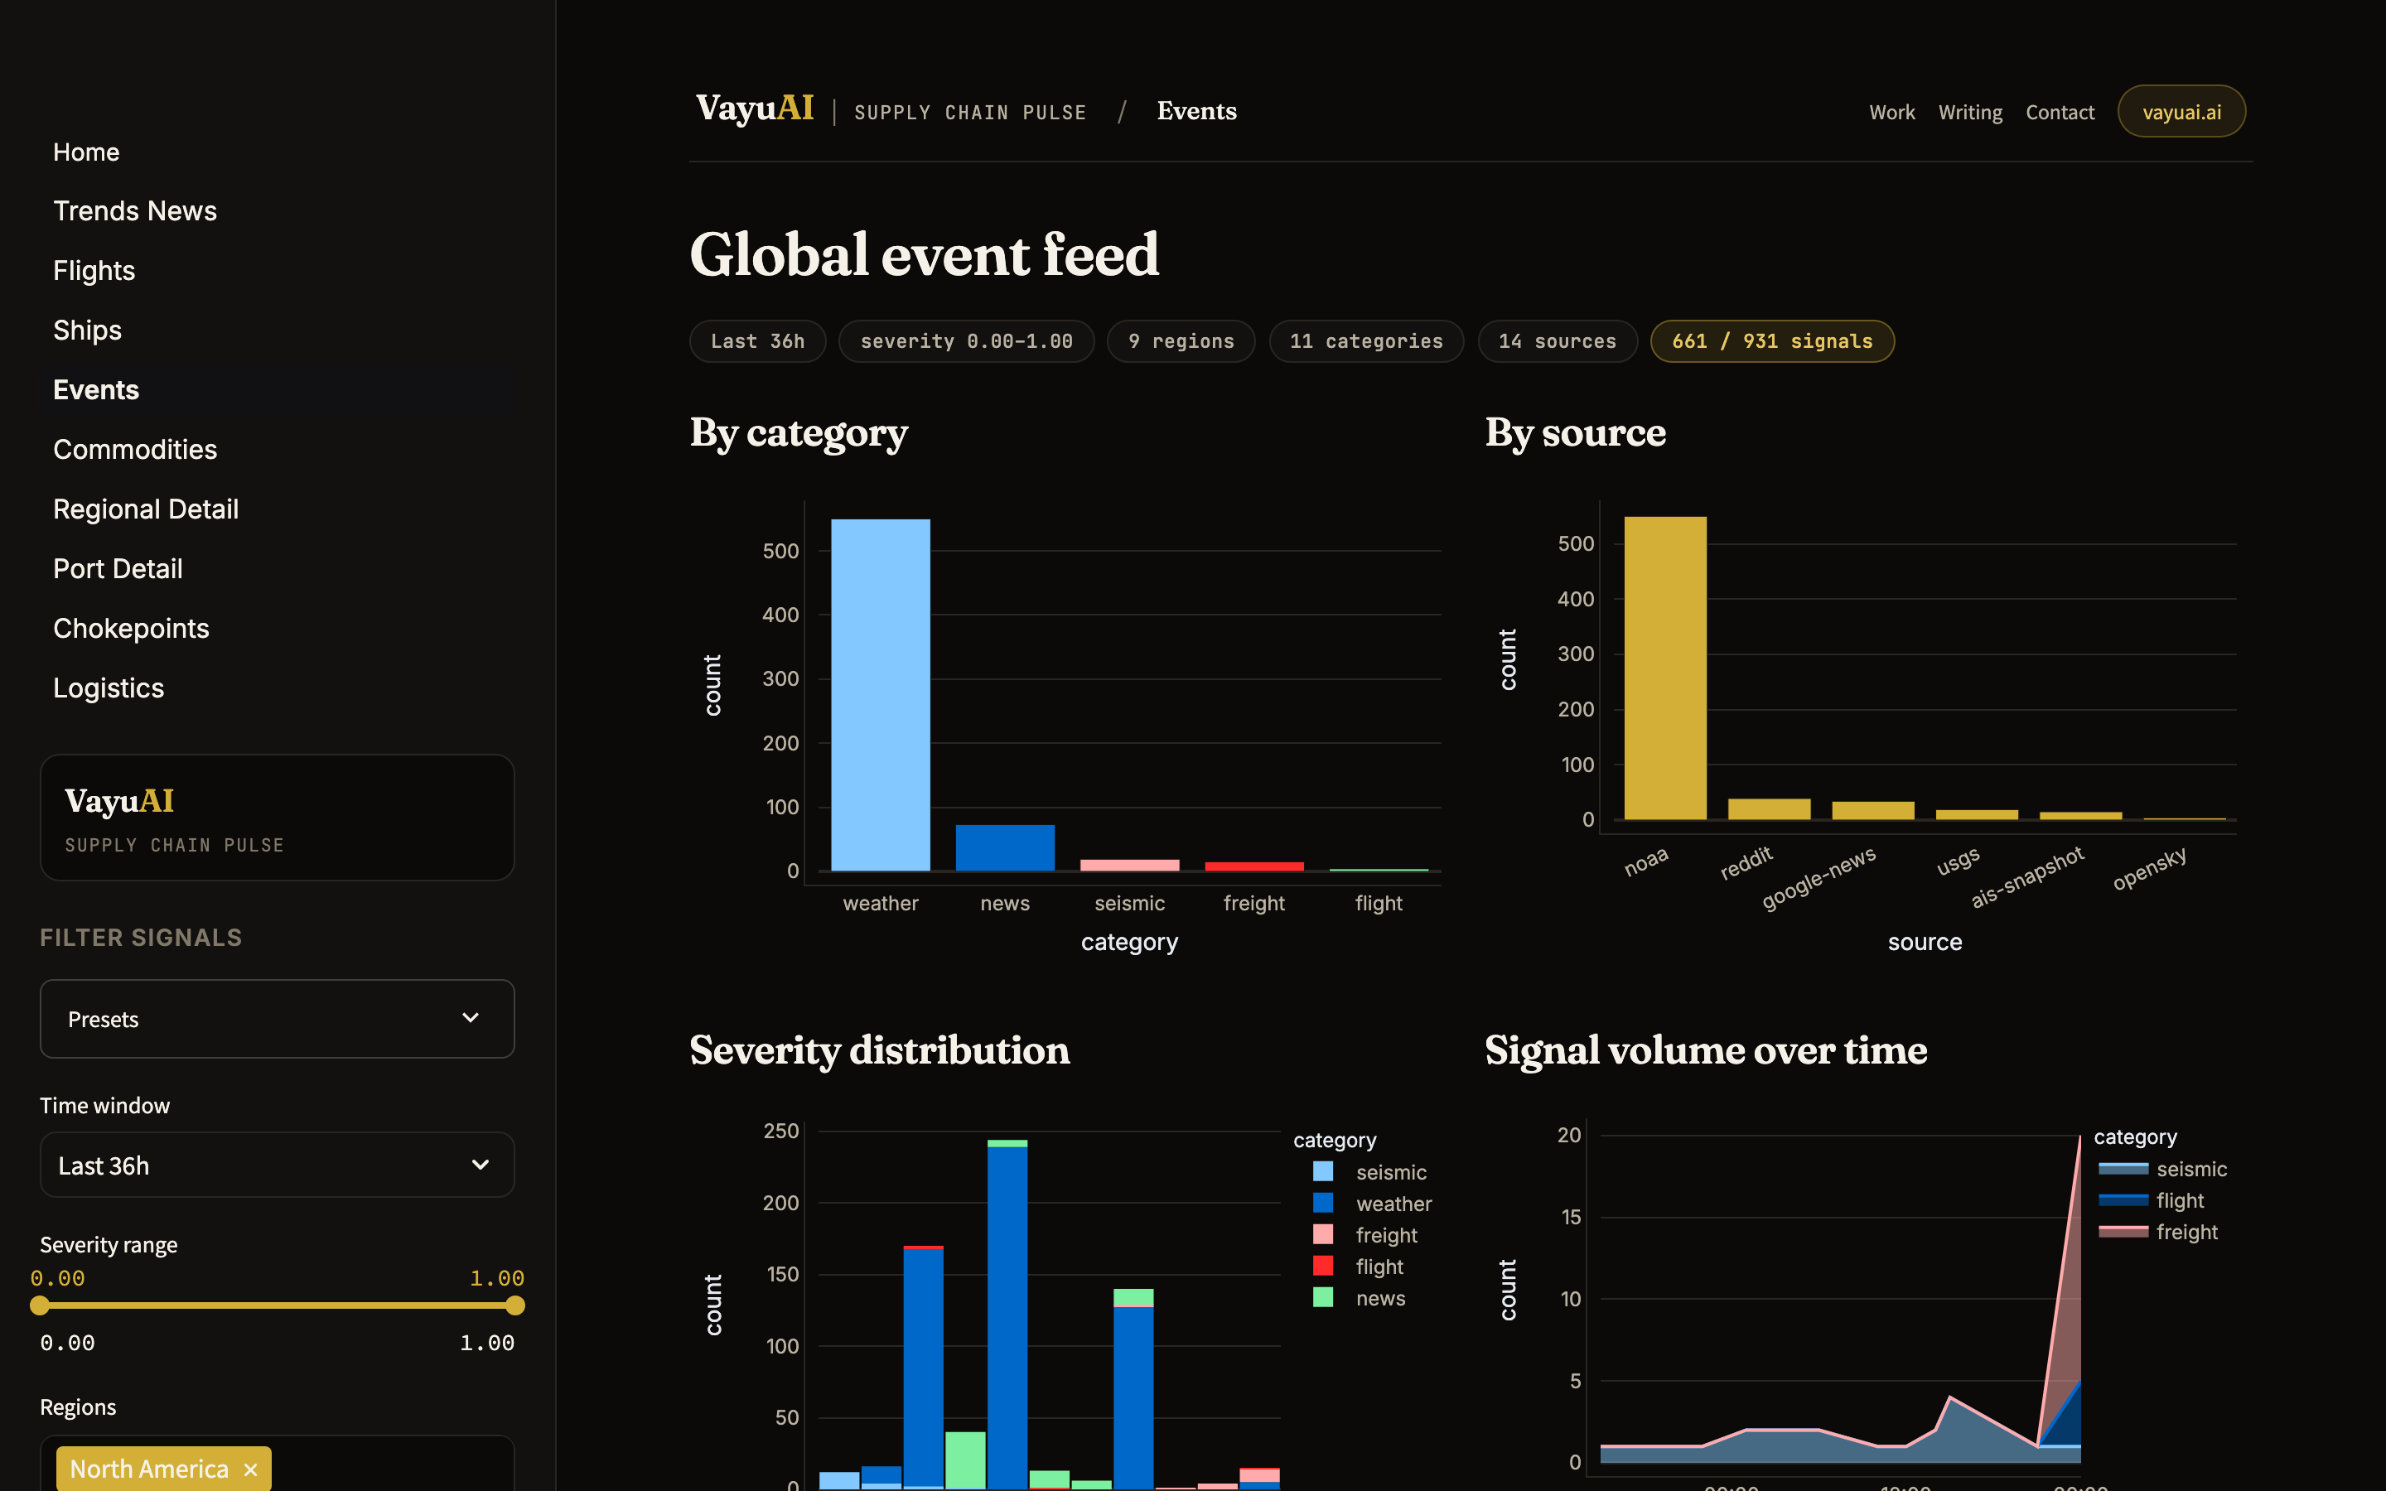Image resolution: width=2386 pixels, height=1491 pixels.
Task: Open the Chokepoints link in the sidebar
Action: [131, 628]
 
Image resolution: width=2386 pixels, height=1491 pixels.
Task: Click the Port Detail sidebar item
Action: [118, 569]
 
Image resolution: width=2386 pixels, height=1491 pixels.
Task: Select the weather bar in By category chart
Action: [881, 695]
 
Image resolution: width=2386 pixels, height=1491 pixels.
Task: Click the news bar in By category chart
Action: [1005, 848]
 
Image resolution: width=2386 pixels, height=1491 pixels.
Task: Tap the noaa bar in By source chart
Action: [1665, 668]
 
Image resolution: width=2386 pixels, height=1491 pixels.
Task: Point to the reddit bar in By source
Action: [1769, 808]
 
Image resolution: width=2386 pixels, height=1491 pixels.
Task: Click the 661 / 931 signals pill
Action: [1772, 341]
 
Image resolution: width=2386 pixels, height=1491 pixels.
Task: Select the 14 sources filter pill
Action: [1557, 341]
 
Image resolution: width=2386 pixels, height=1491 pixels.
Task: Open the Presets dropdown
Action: [277, 1019]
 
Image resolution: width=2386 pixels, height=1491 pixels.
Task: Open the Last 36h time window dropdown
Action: [277, 1165]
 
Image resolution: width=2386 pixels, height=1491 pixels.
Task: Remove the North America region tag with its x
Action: [250, 1469]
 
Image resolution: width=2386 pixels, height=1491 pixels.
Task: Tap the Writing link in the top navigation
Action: [1970, 113]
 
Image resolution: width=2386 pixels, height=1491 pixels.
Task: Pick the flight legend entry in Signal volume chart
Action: [2152, 1200]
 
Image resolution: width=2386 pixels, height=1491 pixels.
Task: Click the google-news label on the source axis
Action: [1818, 878]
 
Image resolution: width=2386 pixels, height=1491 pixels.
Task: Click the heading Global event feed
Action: [924, 254]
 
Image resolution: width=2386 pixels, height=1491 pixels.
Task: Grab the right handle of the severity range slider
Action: [514, 1305]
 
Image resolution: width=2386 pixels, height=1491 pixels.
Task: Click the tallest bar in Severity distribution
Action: [1007, 1314]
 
